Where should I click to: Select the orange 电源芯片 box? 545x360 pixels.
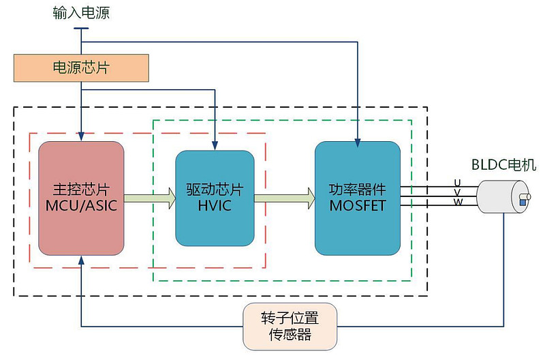tap(81, 67)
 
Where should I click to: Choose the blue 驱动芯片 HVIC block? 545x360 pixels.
tap(215, 197)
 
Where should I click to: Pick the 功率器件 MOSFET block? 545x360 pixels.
tap(357, 197)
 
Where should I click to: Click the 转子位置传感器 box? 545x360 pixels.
tap(290, 327)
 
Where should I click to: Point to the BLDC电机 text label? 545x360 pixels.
tap(503, 164)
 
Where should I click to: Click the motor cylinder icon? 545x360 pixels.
tap(503, 198)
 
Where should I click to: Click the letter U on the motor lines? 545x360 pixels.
tap(457, 182)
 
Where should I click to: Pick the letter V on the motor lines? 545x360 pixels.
tap(457, 192)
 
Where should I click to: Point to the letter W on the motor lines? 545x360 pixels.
tap(457, 202)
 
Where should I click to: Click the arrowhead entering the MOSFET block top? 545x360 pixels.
tap(357, 142)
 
